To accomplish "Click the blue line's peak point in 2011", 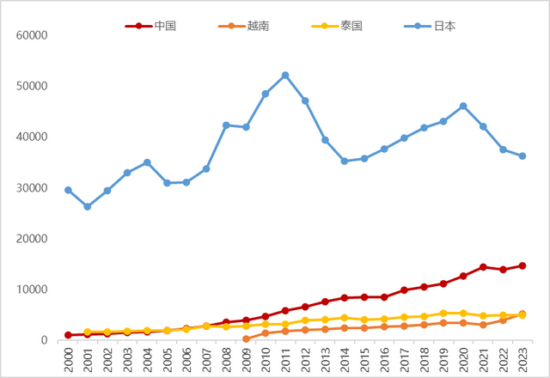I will click(x=285, y=76).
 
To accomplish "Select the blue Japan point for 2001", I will click(x=88, y=207).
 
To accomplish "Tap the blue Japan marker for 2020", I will click(x=463, y=107).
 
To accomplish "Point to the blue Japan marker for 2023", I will click(x=522, y=156).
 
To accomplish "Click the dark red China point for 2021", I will click(x=482, y=267).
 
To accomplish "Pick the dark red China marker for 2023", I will click(x=522, y=266).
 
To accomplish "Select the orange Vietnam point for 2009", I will click(x=246, y=338).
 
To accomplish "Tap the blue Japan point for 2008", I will click(x=226, y=125).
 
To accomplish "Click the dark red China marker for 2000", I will click(x=68, y=335).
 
